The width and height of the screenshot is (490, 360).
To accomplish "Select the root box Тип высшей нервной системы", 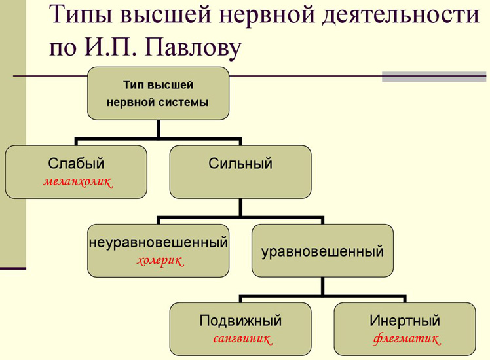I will point(158,93).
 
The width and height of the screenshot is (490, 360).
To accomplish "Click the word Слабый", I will point(76,164).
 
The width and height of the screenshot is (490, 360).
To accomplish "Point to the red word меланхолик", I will point(77,183).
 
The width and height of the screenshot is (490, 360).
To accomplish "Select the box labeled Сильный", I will point(240,171).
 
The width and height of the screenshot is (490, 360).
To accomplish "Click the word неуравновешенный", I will point(159,243).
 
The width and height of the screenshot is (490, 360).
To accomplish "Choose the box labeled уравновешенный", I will point(322,251).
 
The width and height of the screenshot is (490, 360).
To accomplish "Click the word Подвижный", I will point(240,321).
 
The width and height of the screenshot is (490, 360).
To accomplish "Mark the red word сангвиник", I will point(241,340).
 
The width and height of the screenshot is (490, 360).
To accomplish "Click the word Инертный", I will point(405,321).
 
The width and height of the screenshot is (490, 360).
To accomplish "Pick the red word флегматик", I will point(405,340).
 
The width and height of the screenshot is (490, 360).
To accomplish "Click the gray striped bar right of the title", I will point(435,77).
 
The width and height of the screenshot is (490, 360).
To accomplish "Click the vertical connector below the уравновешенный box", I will point(322,287).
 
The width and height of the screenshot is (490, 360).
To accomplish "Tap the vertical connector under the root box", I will point(158,129).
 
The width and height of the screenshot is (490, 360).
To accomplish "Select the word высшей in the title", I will point(178,15).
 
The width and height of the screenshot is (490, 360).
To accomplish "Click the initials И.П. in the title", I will point(107,46).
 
